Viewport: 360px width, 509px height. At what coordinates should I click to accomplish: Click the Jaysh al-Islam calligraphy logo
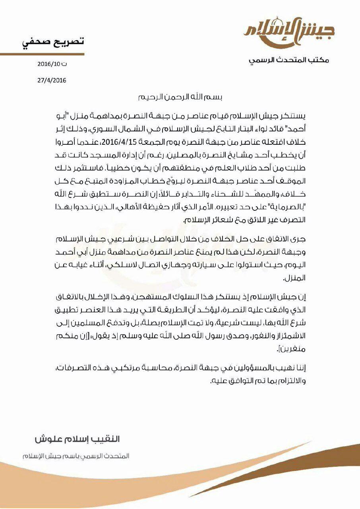[x=289, y=31]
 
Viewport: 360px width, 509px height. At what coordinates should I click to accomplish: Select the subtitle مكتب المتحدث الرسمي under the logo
[x=289, y=60]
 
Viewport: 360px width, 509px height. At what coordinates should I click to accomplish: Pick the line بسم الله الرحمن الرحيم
[x=179, y=97]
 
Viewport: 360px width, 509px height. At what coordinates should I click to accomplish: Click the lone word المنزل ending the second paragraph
[x=295, y=279]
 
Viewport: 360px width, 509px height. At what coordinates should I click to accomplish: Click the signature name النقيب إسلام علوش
[x=77, y=439]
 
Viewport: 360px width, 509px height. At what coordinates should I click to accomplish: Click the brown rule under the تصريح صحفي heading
[x=42, y=54]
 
